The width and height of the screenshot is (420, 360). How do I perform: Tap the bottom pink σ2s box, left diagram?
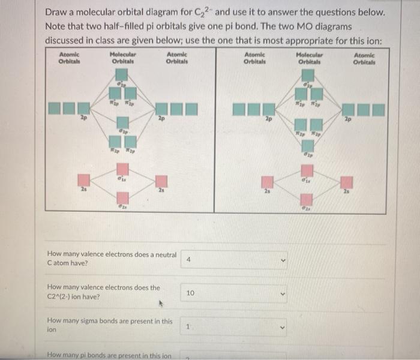click(122, 196)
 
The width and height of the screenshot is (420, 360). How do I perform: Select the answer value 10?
click(190, 293)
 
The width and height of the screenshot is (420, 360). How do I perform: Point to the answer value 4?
click(188, 260)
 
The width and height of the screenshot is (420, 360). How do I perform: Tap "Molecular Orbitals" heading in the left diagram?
click(122, 58)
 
